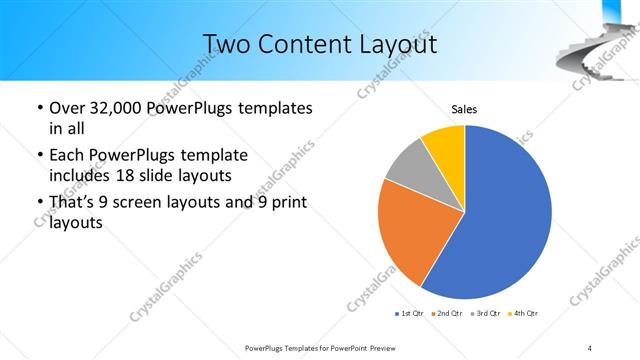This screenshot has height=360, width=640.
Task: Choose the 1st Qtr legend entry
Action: click(409, 314)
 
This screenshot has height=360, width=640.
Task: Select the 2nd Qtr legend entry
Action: click(445, 314)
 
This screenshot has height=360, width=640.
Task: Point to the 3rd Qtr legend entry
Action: click(484, 314)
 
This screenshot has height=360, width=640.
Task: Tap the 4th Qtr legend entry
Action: click(523, 314)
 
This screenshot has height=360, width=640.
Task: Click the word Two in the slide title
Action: click(226, 44)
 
